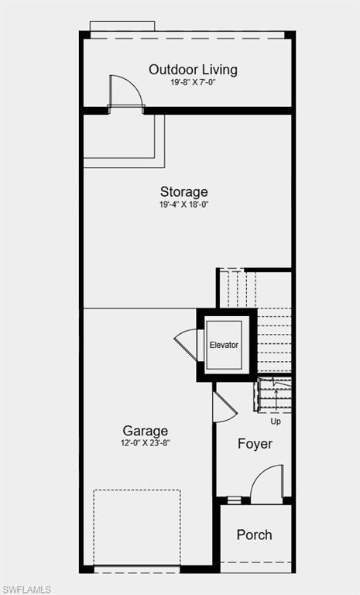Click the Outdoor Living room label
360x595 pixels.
(x=193, y=70)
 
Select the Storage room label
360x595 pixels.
(x=183, y=191)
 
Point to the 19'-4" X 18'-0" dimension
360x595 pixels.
(x=183, y=205)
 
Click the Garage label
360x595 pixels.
(x=145, y=431)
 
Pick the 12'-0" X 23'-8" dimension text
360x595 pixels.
(x=145, y=444)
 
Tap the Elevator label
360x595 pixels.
(x=224, y=345)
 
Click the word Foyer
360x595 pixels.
(x=255, y=444)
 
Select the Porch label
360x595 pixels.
(x=254, y=535)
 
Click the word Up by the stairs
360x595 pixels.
(x=276, y=421)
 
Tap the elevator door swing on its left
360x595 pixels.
(x=187, y=342)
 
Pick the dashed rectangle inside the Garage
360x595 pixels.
(x=137, y=527)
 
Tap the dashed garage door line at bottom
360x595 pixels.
(x=137, y=572)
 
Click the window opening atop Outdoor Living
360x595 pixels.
(x=122, y=27)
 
